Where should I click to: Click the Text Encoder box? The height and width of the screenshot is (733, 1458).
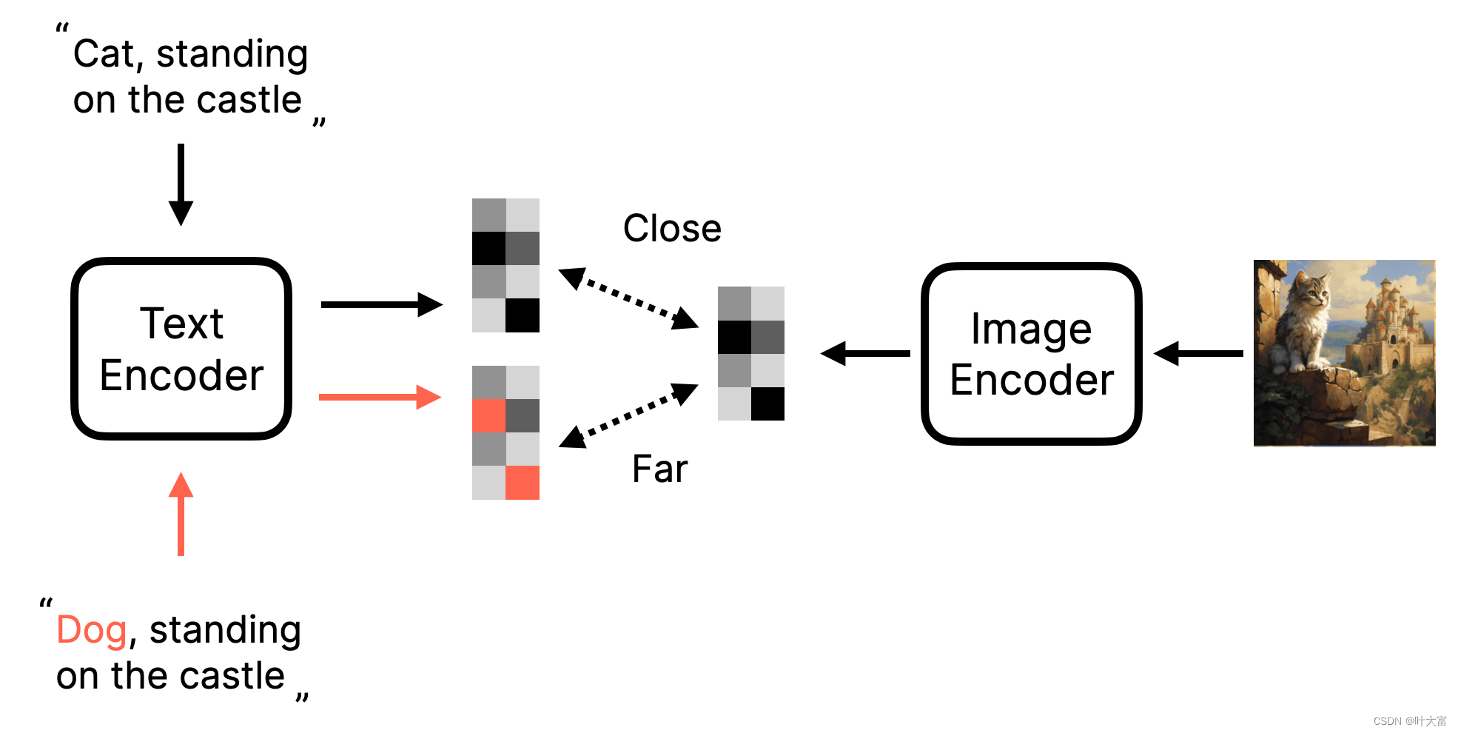coord(181,349)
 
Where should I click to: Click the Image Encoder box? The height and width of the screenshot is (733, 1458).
coord(1031,353)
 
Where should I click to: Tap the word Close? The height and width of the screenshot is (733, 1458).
coord(672,228)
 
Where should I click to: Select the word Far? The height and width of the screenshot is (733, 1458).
coord(659,469)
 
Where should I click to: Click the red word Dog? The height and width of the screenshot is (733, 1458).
coord(92,631)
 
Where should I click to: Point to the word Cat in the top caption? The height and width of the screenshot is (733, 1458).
coord(104,55)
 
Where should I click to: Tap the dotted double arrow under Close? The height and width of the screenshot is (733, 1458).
coord(628,298)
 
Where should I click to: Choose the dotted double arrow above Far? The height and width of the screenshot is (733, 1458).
coord(628,415)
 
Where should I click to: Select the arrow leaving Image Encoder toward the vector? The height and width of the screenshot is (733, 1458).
coord(865,353)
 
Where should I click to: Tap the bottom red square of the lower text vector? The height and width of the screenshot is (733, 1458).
coord(523,483)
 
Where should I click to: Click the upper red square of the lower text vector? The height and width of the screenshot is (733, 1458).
coord(488,415)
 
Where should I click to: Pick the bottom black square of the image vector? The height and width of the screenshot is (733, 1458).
coord(767,404)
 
